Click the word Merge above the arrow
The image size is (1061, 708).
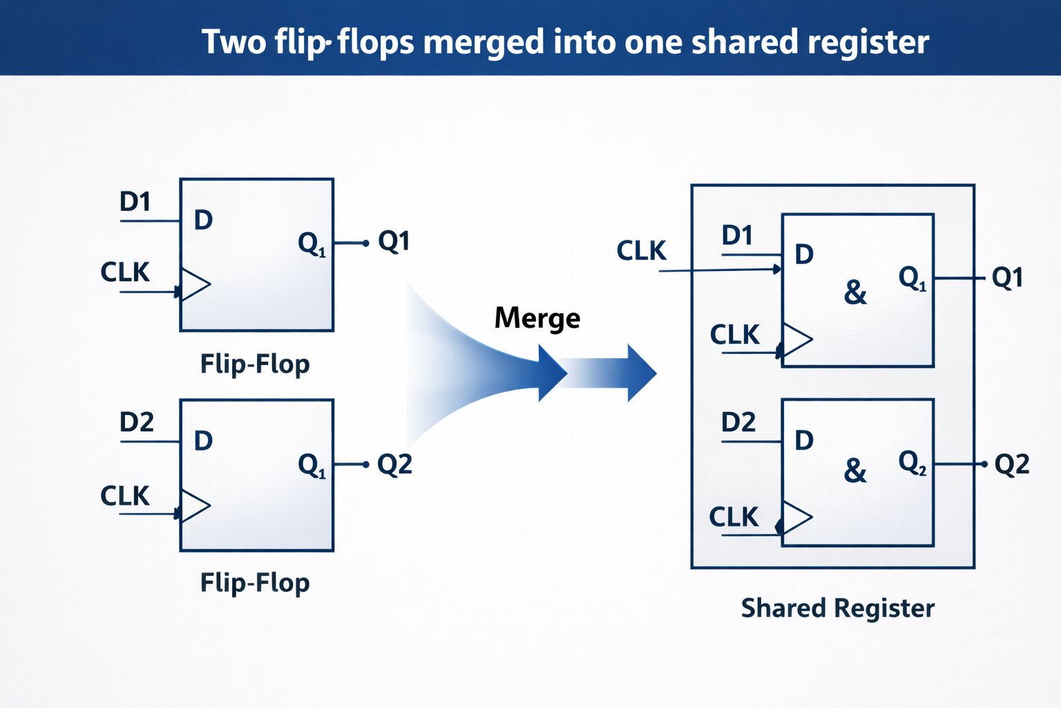point(537,319)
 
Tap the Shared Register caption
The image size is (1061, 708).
point(837,608)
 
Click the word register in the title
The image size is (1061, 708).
point(868,43)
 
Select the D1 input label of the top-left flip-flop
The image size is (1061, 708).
point(135,201)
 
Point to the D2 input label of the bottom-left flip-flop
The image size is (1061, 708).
point(136,422)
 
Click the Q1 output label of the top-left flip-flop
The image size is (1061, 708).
point(394,241)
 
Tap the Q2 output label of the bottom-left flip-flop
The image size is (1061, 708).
point(394,464)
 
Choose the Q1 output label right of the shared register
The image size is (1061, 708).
point(1008,277)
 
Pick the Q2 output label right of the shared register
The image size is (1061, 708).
point(1012,464)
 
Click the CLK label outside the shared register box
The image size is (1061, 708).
point(641,250)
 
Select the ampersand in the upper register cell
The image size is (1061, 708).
point(855,292)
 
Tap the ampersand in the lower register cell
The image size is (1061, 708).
point(855,471)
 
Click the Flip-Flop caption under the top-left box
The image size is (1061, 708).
point(255,364)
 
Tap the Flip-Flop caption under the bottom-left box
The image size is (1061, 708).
point(255,583)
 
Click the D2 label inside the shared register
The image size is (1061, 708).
point(738,422)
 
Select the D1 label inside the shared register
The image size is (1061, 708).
point(737,235)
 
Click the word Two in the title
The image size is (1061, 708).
point(234,42)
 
